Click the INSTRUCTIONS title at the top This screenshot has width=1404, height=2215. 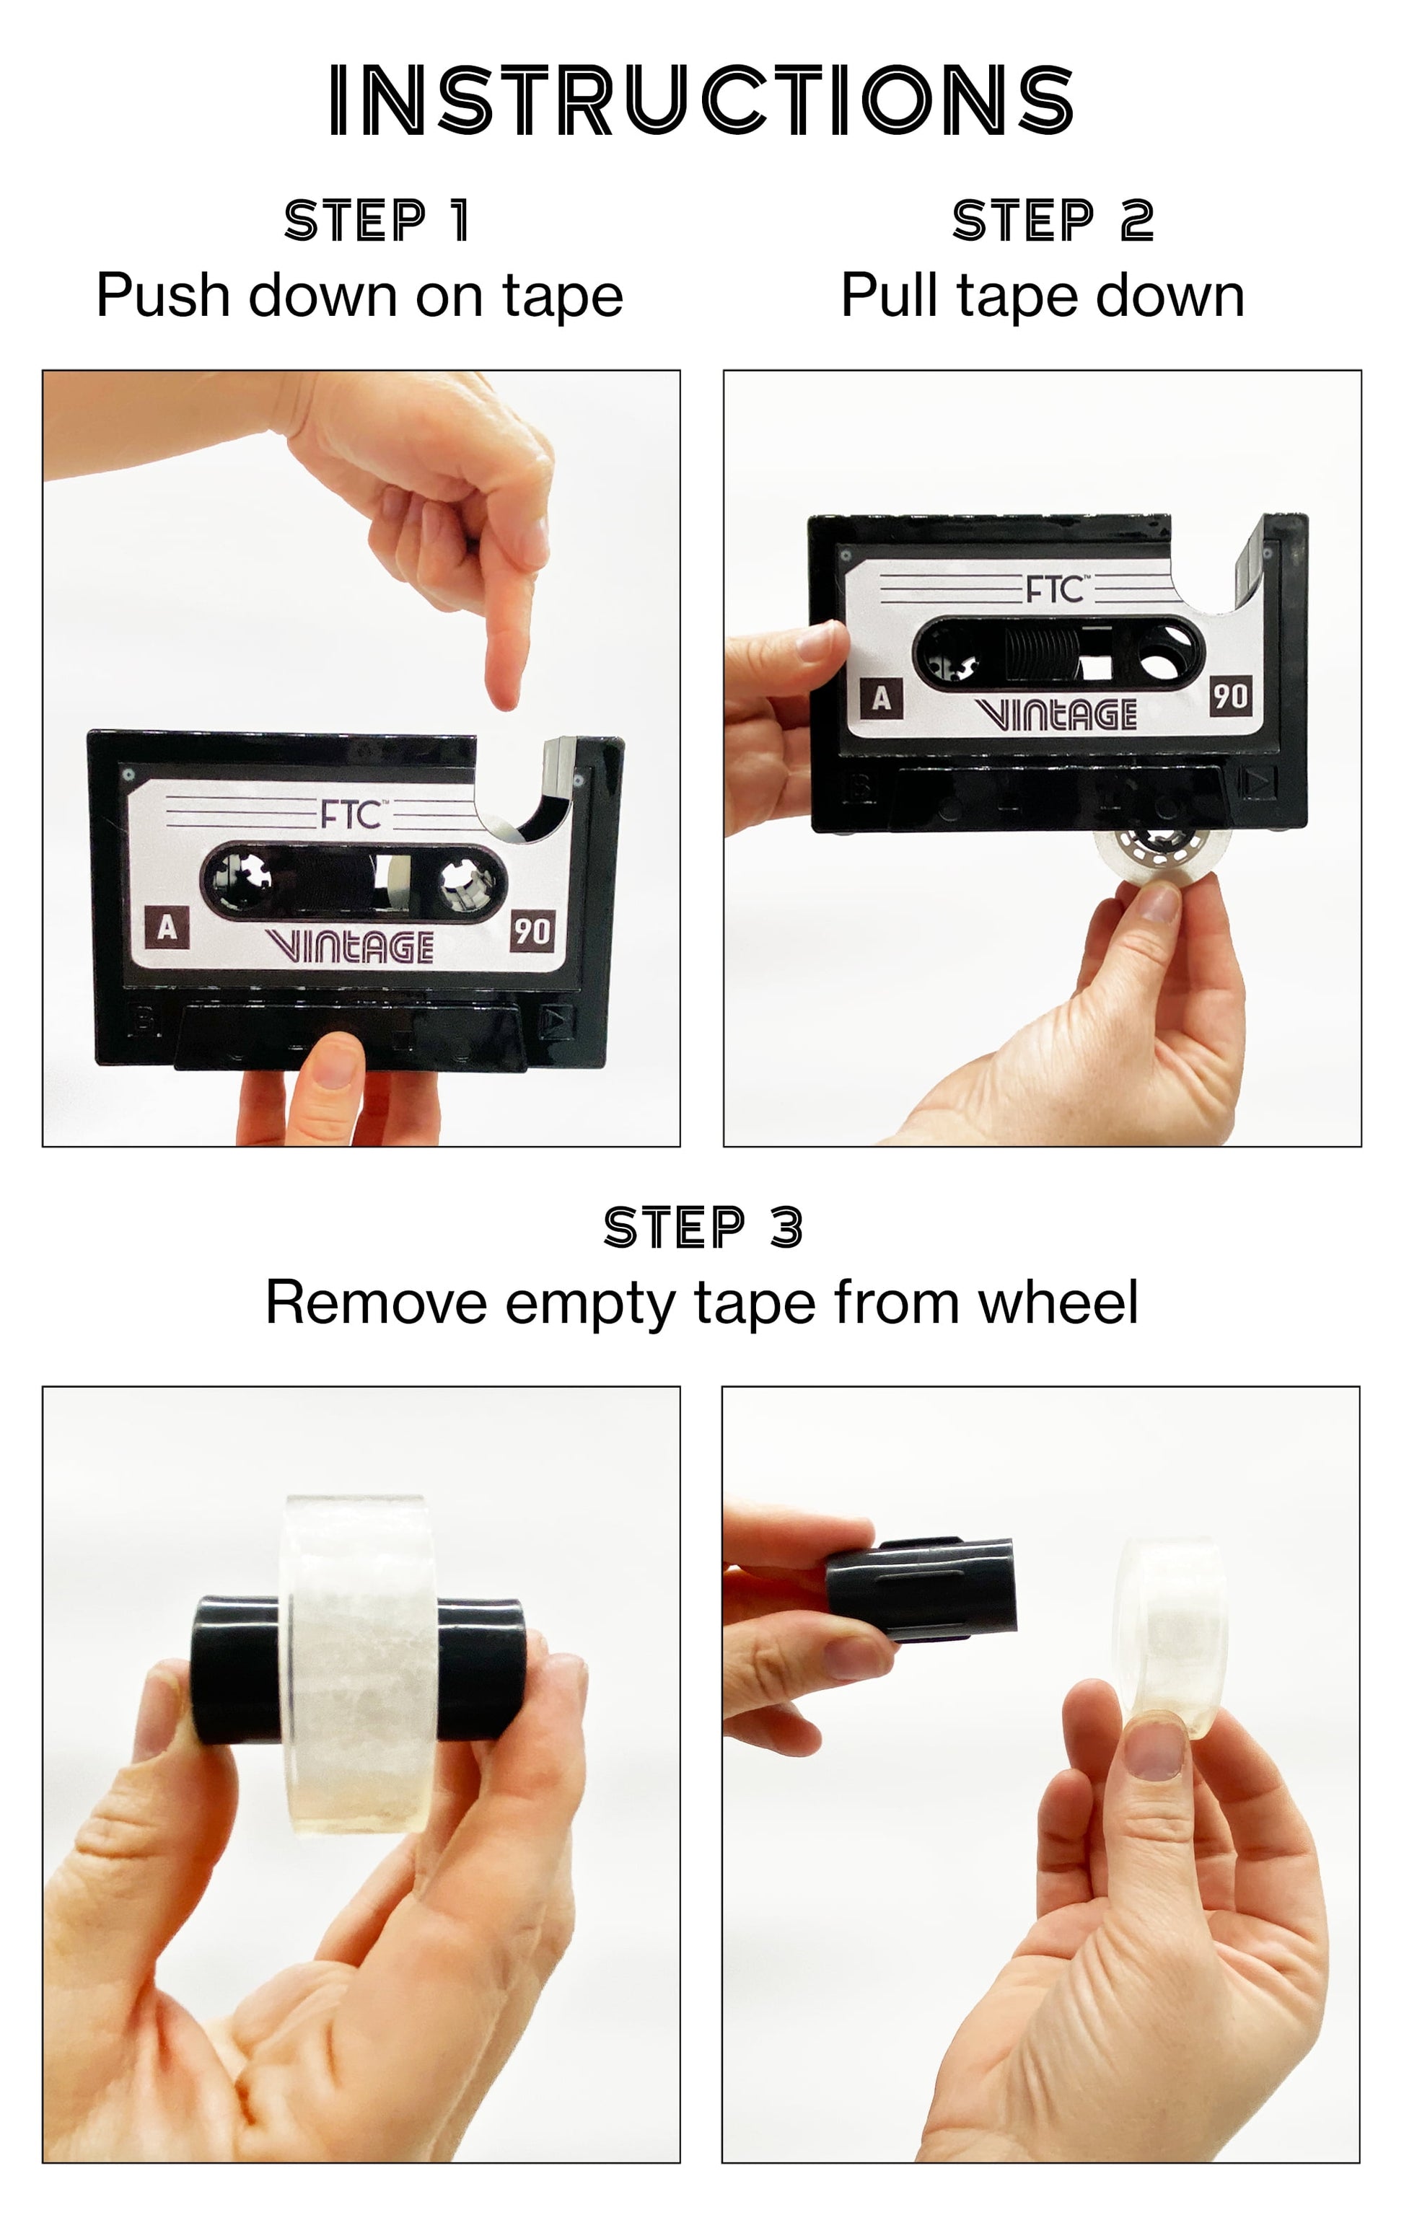(701, 100)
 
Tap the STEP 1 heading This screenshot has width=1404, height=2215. (377, 221)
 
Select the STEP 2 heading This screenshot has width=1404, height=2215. (1053, 221)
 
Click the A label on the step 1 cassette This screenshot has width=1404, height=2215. (167, 928)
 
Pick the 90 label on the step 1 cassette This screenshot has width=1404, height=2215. (532, 931)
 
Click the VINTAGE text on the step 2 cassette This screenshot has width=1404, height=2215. (1056, 714)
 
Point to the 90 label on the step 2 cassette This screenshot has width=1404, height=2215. (1230, 696)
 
